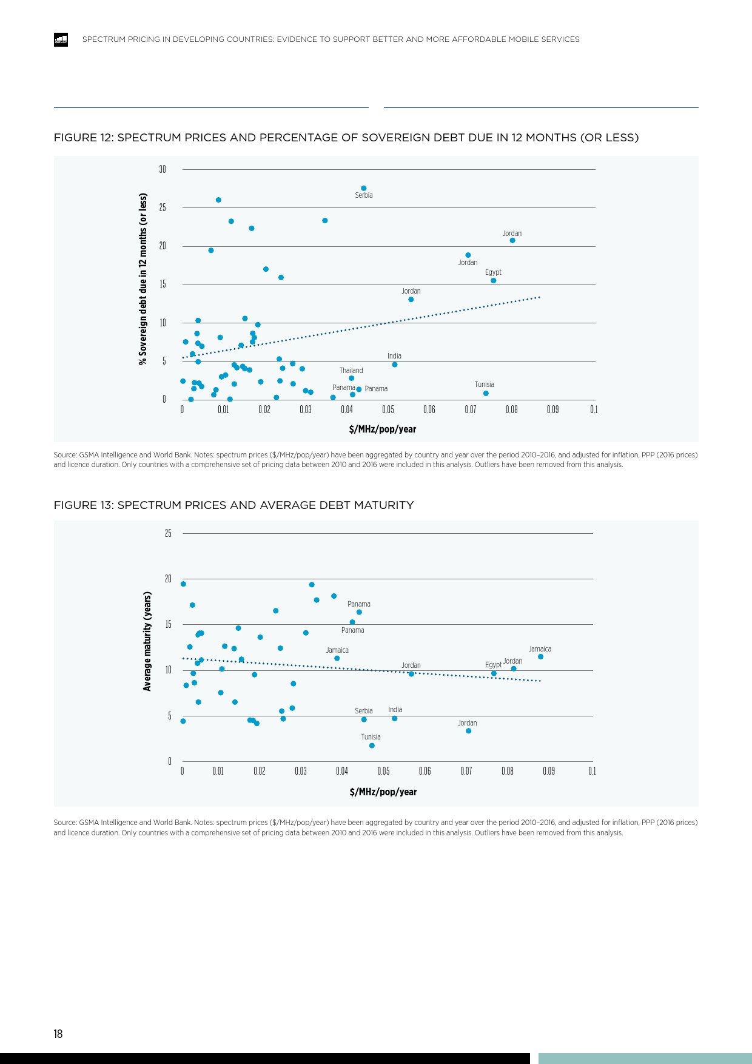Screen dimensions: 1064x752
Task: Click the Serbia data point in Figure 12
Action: tap(364, 188)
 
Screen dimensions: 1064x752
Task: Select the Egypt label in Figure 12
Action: tap(493, 272)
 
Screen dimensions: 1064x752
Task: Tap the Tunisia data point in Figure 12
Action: tap(486, 394)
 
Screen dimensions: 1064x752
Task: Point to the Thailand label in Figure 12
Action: tap(351, 371)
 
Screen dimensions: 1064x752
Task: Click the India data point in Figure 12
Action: tap(395, 365)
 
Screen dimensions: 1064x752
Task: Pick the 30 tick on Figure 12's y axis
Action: tap(163, 169)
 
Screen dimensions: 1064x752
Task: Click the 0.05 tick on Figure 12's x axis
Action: tap(388, 409)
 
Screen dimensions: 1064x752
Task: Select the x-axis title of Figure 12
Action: tap(383, 429)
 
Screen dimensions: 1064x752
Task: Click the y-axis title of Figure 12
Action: tap(143, 279)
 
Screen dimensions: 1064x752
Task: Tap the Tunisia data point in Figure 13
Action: tap(372, 746)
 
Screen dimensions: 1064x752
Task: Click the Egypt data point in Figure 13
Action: tap(494, 673)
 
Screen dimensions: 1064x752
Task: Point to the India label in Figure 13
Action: tap(395, 710)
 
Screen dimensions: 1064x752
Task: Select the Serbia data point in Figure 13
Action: tap(364, 719)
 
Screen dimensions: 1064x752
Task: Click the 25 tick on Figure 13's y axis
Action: tap(168, 533)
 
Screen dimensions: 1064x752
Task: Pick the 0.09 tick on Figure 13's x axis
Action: tap(549, 771)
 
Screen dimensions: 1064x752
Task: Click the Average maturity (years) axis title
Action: tap(147, 641)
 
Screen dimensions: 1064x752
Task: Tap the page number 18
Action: tap(58, 1034)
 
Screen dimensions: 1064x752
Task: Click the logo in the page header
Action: tap(61, 39)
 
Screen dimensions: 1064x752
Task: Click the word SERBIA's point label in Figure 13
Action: tap(364, 711)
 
